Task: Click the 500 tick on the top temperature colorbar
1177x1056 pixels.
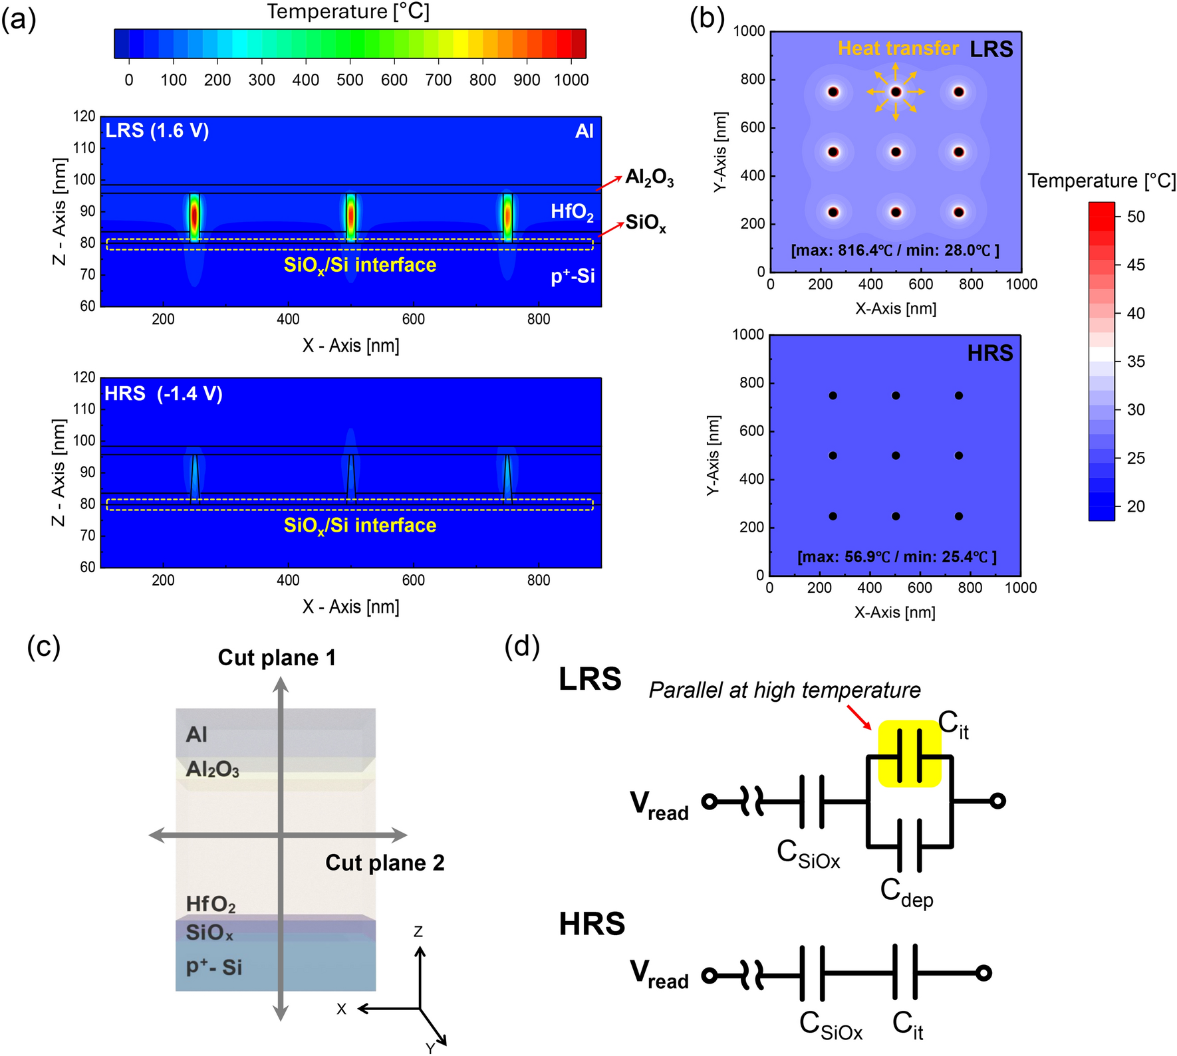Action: pos(349,80)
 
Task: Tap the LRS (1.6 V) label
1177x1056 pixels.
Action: pos(157,130)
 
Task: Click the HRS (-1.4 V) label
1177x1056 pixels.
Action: pos(163,393)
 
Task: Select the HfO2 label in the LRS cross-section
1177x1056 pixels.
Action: pos(572,212)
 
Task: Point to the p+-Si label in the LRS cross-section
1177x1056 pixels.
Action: pos(573,276)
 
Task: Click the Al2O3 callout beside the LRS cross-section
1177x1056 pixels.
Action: pos(649,178)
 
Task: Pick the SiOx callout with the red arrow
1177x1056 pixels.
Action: pos(645,223)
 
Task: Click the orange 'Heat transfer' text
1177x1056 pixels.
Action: pos(898,49)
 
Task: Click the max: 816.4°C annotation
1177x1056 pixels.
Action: pos(895,251)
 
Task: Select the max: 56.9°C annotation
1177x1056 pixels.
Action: pos(896,557)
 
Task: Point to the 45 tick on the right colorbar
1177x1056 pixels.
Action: pos(1136,264)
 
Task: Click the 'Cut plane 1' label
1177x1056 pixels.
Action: pos(277,658)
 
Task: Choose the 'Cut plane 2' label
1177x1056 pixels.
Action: pos(384,863)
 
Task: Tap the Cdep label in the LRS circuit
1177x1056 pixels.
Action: pos(906,893)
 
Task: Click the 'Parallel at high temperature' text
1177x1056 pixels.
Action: pos(785,690)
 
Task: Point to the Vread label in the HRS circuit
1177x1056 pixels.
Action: pos(659,975)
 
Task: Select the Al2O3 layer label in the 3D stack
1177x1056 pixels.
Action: pos(212,770)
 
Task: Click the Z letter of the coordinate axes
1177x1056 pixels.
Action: pos(418,932)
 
